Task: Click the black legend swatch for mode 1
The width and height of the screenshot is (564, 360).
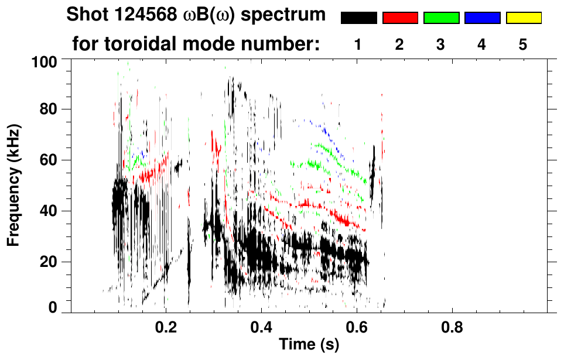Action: pos(358,18)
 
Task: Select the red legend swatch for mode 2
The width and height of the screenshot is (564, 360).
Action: pos(400,18)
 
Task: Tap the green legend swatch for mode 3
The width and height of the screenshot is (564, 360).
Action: pos(441,18)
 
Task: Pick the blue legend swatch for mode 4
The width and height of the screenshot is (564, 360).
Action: pos(482,18)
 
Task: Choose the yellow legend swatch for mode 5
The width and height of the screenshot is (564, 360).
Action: pos(523,18)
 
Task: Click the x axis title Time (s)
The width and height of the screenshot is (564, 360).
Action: pos(309,345)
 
